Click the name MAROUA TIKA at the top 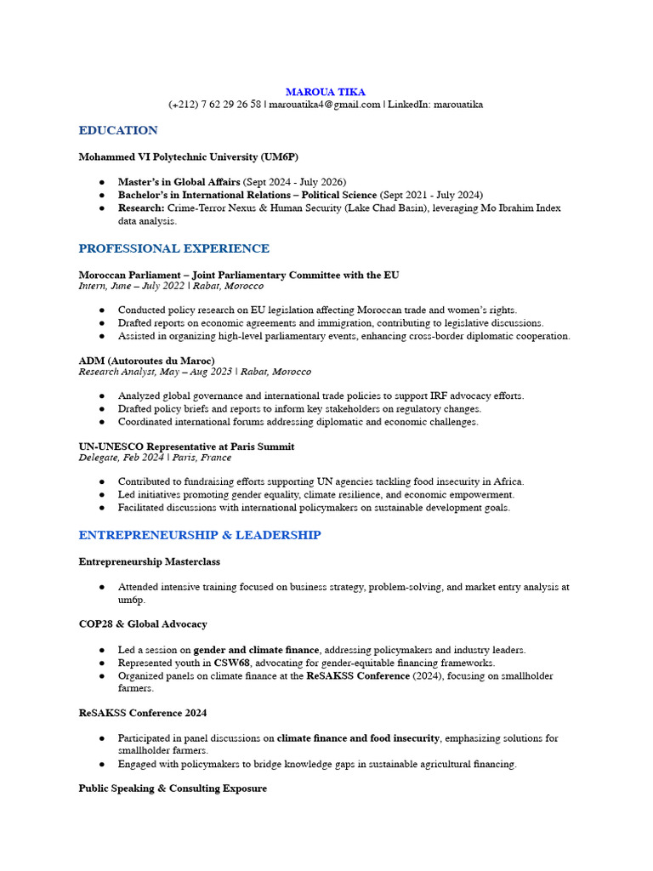click(x=326, y=91)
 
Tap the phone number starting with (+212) click(x=214, y=105)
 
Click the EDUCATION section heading click(x=118, y=130)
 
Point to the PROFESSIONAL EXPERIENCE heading click(x=173, y=248)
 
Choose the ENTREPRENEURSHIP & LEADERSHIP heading click(x=200, y=535)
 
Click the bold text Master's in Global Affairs click(x=179, y=182)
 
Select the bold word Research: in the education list click(x=141, y=208)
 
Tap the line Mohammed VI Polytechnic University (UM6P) click(x=189, y=157)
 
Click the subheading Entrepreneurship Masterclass click(x=150, y=561)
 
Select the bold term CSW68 click(x=232, y=663)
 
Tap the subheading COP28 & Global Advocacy click(x=143, y=623)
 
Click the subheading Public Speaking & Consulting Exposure click(x=173, y=788)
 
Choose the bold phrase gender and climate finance click(x=257, y=650)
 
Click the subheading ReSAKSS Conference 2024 click(x=143, y=713)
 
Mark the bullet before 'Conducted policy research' click(x=102, y=310)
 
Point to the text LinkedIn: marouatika click(x=435, y=105)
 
